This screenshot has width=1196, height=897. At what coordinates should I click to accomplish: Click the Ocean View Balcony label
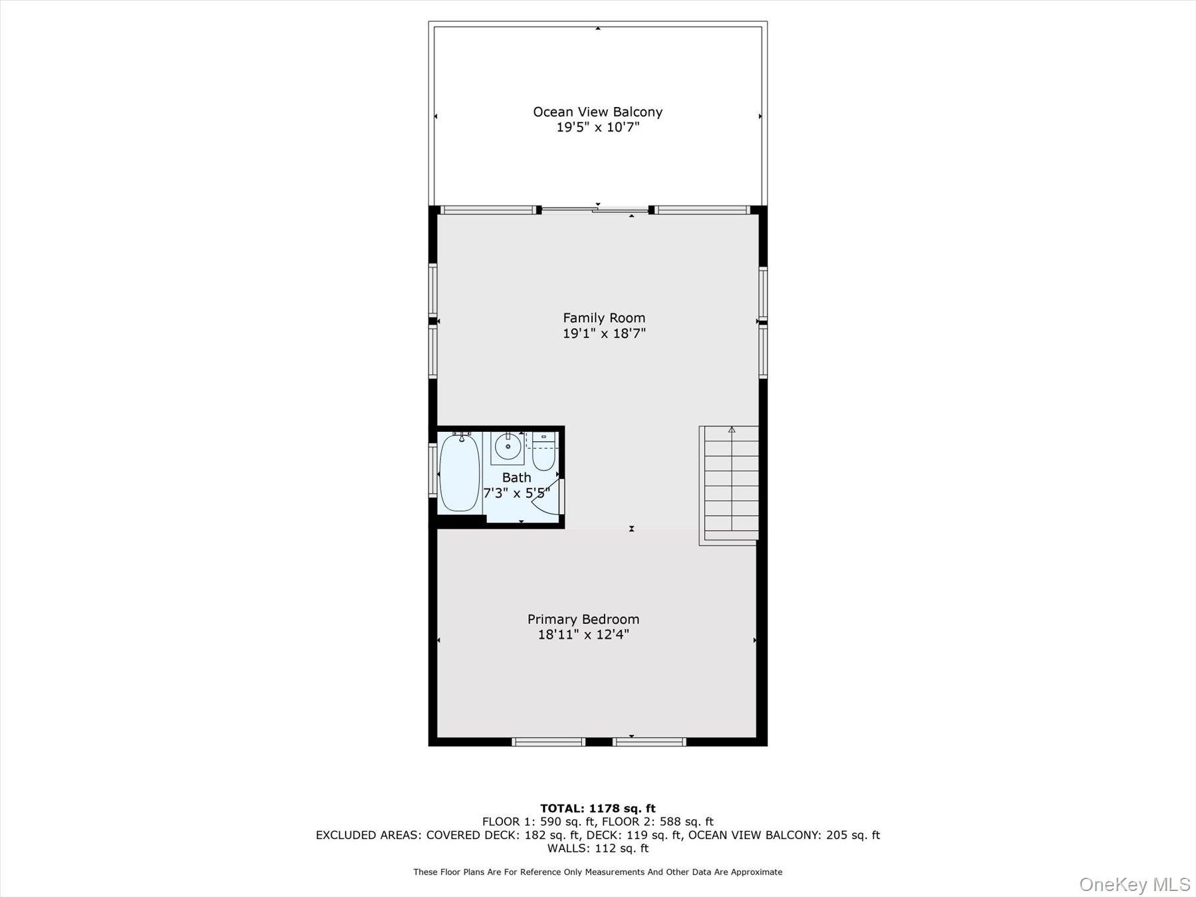pos(597,112)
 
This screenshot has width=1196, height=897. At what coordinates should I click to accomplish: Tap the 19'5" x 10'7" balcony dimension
pos(597,127)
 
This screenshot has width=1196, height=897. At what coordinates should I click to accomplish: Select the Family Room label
pos(604,318)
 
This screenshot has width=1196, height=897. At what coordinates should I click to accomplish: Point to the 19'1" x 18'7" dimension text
pos(604,333)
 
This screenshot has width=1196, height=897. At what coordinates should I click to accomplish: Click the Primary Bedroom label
pos(583,619)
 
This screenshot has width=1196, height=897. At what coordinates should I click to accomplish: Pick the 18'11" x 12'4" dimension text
pos(583,635)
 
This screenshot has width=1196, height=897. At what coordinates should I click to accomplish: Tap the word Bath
pos(516,477)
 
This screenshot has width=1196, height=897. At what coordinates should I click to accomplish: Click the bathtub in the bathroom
pos(460,472)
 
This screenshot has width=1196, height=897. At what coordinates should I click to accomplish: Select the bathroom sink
pos(508,447)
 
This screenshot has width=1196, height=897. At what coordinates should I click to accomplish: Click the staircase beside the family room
pos(731,485)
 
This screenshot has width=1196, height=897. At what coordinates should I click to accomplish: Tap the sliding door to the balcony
pos(595,211)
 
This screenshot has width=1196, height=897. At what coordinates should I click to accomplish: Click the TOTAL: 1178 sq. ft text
pos(597,808)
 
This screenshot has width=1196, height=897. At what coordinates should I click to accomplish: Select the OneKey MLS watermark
pos(1134,884)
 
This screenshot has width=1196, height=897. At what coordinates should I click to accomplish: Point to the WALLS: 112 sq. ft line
pos(597,848)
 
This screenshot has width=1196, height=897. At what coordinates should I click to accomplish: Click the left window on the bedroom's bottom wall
pos(548,742)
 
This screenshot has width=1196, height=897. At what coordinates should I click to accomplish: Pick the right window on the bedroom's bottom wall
pos(649,742)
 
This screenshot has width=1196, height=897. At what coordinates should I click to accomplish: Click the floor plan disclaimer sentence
pos(597,872)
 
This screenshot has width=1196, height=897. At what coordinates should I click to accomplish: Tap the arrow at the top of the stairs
pos(732,430)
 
